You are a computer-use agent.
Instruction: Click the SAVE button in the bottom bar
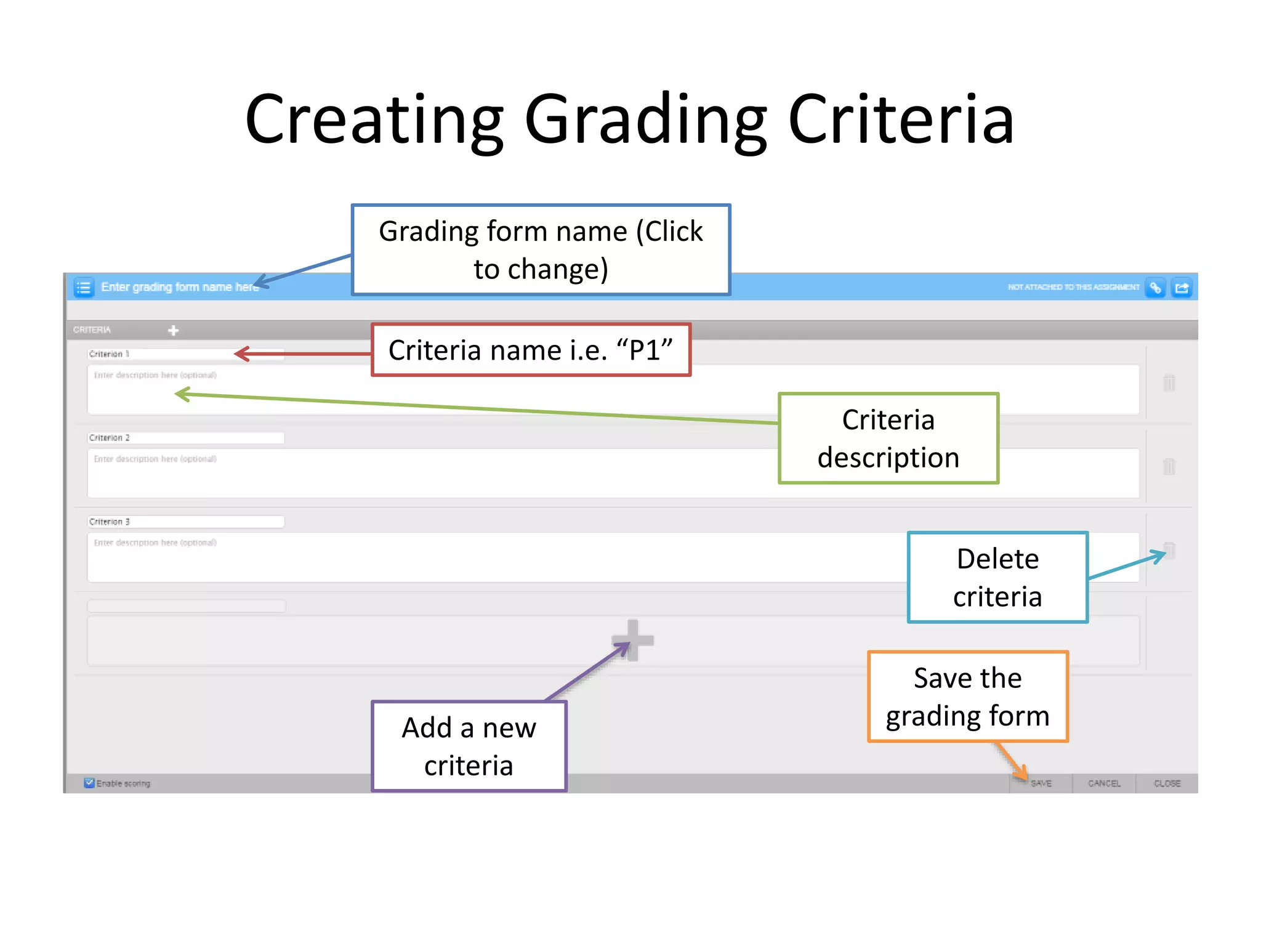click(1041, 783)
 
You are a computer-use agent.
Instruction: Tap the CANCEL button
click(1104, 783)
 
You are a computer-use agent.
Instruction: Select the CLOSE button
click(1167, 783)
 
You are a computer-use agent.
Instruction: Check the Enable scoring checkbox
click(89, 783)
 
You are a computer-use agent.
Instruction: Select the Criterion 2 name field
click(185, 438)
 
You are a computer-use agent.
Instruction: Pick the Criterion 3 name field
click(185, 522)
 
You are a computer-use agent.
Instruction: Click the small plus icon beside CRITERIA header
click(174, 331)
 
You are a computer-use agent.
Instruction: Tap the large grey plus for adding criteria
click(633, 641)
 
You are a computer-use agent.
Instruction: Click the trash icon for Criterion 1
click(1169, 382)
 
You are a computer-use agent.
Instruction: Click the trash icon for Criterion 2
click(1169, 466)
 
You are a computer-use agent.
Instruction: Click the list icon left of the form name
click(84, 288)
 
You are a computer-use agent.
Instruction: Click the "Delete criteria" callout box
click(997, 578)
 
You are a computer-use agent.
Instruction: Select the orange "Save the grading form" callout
click(967, 697)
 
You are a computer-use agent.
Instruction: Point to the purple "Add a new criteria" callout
click(469, 746)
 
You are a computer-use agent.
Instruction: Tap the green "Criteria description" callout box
click(888, 439)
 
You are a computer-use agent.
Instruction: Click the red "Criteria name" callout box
click(531, 350)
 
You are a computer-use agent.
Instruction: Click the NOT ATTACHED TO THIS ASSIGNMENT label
click(1073, 287)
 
